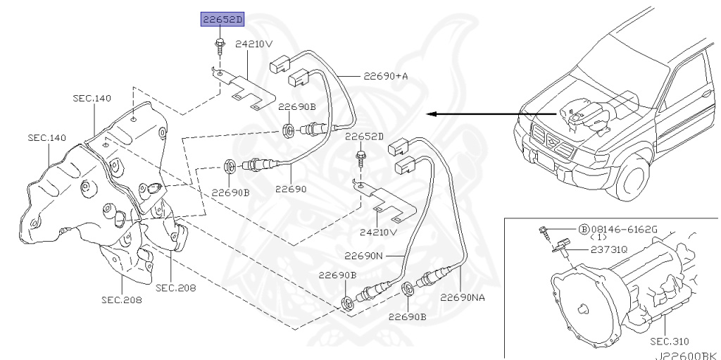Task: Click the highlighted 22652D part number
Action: click(222, 20)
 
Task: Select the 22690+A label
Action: click(385, 76)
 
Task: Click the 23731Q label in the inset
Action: click(609, 249)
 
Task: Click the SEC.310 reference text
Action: click(669, 341)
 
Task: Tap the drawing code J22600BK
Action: click(687, 356)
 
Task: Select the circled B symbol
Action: click(584, 229)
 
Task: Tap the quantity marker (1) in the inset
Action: click(598, 237)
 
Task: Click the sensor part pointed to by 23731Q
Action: click(561, 247)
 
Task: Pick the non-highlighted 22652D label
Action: click(364, 136)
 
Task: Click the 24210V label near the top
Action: click(253, 44)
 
